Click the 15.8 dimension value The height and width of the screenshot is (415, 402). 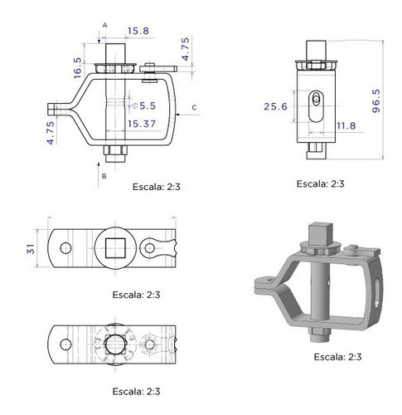point(138,32)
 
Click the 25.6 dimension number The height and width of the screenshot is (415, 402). point(276,107)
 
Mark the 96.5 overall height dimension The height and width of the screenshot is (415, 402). point(376,98)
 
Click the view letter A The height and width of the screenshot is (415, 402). point(105,25)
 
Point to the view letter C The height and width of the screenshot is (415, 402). point(193,107)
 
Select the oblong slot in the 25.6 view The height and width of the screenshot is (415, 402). point(316,104)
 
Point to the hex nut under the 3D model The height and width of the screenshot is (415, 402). point(320,332)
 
